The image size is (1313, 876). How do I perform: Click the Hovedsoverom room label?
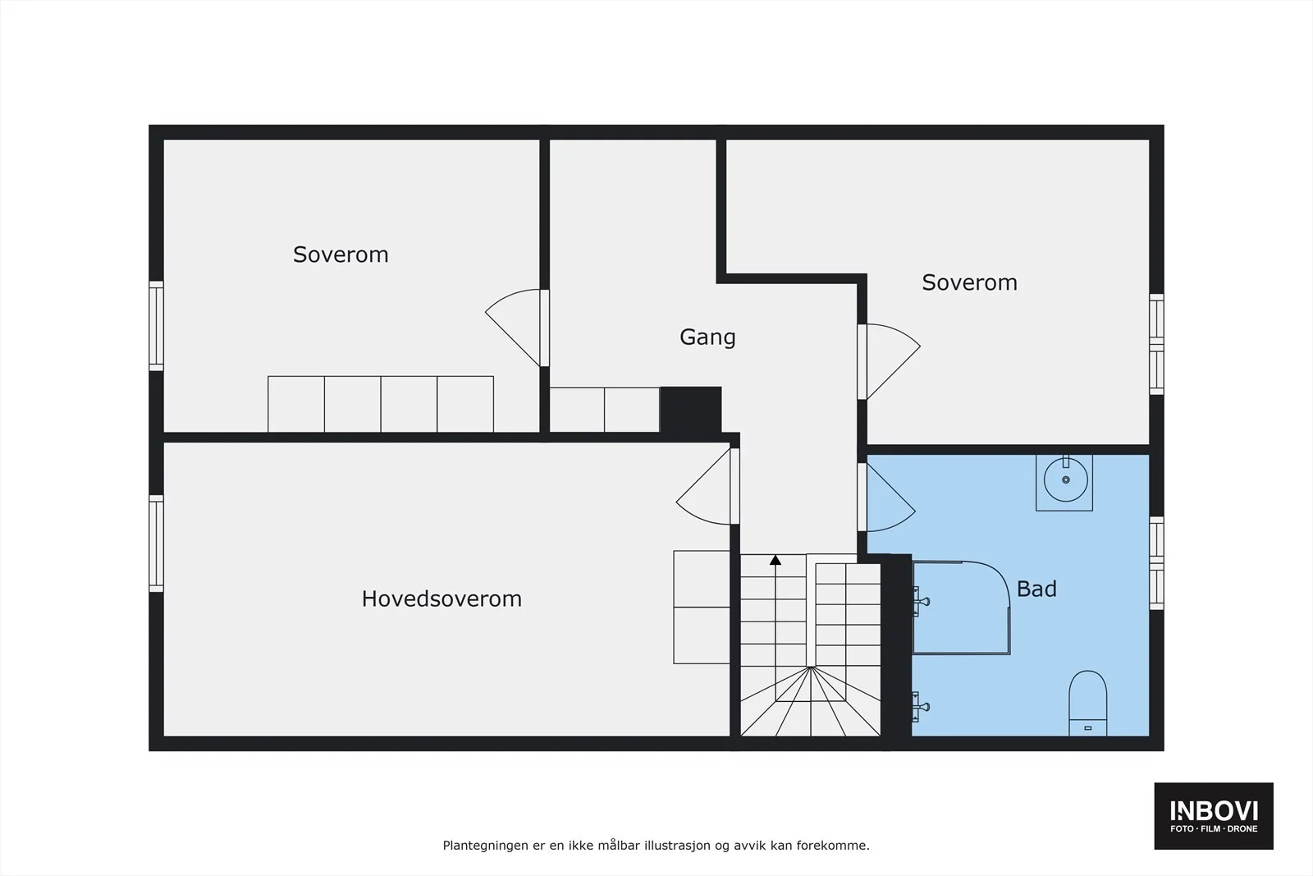point(441,599)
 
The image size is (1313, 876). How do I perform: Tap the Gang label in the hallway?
point(707,337)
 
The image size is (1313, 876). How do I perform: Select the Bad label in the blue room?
point(1036,589)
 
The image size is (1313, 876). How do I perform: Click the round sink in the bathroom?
point(1065,479)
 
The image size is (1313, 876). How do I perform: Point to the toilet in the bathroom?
point(1087,703)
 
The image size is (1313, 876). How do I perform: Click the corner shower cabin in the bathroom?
point(961,608)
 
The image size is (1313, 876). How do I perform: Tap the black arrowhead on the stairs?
point(775,560)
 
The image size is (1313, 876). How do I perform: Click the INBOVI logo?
point(1214,815)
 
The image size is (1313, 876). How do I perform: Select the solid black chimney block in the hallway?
point(690,410)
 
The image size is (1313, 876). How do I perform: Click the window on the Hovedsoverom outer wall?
point(156,543)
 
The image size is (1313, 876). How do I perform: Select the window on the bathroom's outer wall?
point(1156,563)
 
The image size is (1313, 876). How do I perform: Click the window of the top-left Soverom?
point(156,326)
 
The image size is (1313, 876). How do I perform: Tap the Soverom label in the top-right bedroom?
point(969,282)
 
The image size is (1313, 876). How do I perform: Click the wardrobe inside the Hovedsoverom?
point(702,607)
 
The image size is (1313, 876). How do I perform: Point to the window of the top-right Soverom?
point(1156,344)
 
